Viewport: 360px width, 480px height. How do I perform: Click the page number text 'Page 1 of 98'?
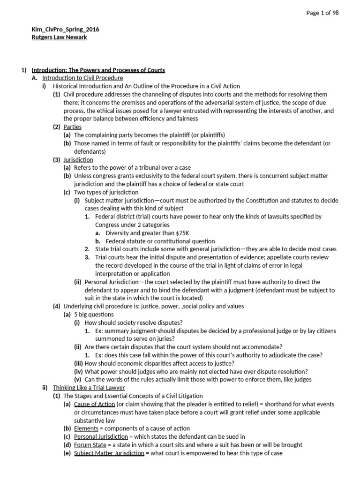pyautogui.click(x=322, y=13)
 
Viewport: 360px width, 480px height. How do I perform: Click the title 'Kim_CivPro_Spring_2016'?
pyautogui.click(x=65, y=30)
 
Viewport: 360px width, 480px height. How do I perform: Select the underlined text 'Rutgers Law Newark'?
pyautogui.click(x=59, y=37)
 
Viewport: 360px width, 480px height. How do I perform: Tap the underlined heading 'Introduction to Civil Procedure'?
pyautogui.click(x=82, y=78)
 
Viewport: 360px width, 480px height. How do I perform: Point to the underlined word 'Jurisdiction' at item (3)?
pyautogui.click(x=78, y=160)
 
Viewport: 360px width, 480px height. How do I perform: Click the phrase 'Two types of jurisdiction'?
pyautogui.click(x=106, y=192)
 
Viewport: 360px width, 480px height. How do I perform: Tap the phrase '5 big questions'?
pyautogui.click(x=94, y=315)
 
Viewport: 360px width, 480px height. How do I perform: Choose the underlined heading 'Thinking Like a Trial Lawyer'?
pyautogui.click(x=89, y=388)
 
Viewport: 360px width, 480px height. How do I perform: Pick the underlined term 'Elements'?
pyautogui.click(x=86, y=428)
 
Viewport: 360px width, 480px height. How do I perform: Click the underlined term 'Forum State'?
pyautogui.click(x=90, y=445)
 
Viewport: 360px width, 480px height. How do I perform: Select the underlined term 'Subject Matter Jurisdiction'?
pyautogui.click(x=109, y=453)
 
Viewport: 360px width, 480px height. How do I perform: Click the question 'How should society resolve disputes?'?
pyautogui.click(x=134, y=322)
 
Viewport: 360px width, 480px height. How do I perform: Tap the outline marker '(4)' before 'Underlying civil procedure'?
pyautogui.click(x=56, y=307)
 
